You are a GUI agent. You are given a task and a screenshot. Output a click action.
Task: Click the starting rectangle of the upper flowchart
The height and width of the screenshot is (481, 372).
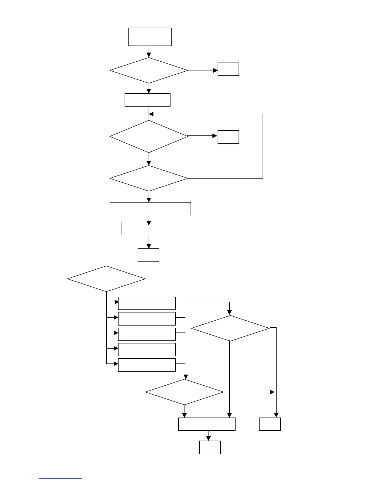(x=150, y=37)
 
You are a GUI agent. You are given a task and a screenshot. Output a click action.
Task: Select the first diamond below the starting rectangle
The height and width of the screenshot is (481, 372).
(x=149, y=70)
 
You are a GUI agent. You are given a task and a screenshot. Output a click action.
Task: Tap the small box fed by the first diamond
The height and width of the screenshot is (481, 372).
(x=228, y=69)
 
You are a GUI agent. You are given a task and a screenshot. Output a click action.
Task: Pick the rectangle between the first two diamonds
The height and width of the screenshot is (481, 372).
(x=147, y=100)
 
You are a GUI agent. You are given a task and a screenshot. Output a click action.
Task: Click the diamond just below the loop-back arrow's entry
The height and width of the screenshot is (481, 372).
(x=149, y=137)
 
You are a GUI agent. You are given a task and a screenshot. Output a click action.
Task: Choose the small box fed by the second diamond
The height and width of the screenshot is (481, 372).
(x=228, y=137)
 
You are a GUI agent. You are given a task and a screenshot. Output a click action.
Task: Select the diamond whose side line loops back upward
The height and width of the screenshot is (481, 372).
(x=149, y=178)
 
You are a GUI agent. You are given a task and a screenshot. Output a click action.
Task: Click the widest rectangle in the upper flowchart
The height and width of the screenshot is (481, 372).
(x=150, y=209)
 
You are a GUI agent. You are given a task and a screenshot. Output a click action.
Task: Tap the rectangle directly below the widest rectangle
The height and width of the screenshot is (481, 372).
(x=150, y=228)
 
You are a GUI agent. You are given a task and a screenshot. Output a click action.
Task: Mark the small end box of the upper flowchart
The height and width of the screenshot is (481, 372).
(x=149, y=255)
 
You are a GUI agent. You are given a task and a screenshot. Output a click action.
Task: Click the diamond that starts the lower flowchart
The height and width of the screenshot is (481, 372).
(x=106, y=279)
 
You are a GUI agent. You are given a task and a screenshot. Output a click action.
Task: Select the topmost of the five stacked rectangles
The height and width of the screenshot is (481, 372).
(x=147, y=303)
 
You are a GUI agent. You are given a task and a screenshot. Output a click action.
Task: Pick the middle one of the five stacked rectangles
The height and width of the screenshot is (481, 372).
(x=147, y=334)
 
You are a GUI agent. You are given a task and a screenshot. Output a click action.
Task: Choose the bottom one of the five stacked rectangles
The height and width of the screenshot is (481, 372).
(x=147, y=365)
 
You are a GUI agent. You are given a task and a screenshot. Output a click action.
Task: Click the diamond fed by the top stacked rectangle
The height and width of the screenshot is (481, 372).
(x=230, y=328)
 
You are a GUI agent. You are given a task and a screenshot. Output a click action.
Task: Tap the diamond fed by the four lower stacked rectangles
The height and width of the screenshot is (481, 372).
(x=184, y=392)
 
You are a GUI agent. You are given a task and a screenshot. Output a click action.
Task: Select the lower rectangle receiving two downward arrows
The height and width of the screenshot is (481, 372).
(x=207, y=424)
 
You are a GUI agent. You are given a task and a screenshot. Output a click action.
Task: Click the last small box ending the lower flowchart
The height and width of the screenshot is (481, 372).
(x=210, y=447)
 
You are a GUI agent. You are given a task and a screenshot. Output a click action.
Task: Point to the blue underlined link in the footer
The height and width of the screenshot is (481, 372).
(x=60, y=478)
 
